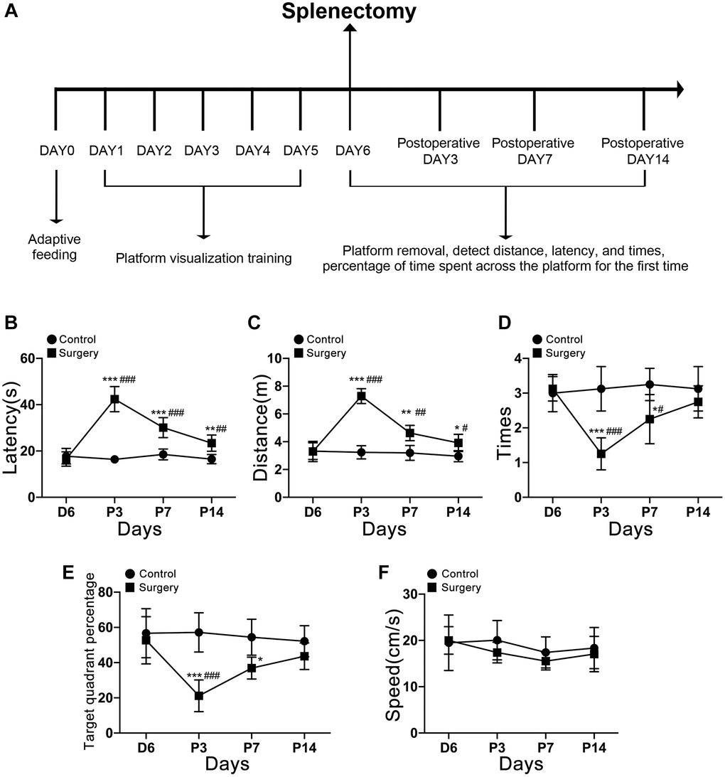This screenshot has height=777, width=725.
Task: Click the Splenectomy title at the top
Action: (x=348, y=12)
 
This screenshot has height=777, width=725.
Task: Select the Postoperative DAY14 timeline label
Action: (x=643, y=151)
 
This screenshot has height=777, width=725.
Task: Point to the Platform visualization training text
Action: (x=204, y=258)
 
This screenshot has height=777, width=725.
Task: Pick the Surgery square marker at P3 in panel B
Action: (x=114, y=399)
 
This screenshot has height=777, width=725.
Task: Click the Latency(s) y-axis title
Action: (x=12, y=427)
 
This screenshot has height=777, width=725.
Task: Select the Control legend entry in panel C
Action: (x=320, y=340)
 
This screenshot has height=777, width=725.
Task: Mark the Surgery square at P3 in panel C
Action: (x=362, y=396)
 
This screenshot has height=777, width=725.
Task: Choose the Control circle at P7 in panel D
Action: (x=650, y=385)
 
